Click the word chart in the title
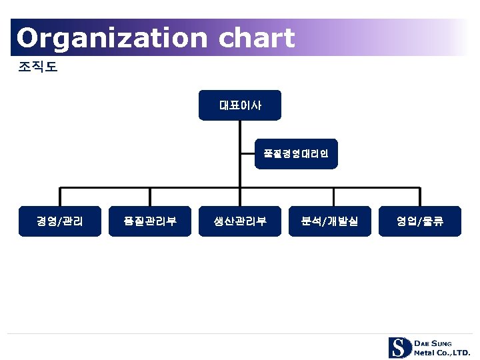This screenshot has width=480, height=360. (256, 38)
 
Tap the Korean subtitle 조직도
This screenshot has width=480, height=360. (39, 67)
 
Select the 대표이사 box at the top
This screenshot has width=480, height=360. (240, 105)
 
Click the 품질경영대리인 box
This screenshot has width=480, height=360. (296, 154)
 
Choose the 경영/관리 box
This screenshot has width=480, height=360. (60, 221)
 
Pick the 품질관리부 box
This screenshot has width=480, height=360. (150, 221)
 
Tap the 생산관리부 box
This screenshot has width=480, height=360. (240, 221)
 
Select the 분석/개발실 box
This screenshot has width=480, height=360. (330, 221)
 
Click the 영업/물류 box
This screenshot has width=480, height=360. (420, 221)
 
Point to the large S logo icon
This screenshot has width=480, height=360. (399, 347)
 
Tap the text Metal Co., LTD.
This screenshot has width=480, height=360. (441, 352)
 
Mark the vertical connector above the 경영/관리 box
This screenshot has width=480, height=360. (60, 197)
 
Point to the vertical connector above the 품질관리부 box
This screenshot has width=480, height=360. (150, 197)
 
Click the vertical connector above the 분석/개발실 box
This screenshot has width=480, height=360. (330, 197)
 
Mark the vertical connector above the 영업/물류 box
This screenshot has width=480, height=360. (420, 197)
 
